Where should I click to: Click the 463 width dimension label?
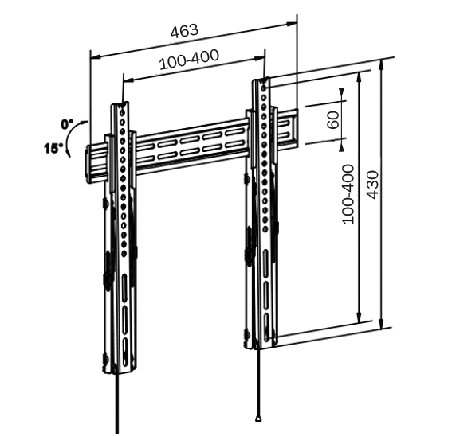point(184,31)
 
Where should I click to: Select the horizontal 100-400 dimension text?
point(189,60)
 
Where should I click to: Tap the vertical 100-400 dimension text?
point(348,194)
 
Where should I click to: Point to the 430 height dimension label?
point(372,185)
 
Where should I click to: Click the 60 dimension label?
point(333,120)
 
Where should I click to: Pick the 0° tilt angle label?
point(67,124)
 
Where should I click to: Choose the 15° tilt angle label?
point(53,149)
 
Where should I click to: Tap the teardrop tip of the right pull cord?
point(258,418)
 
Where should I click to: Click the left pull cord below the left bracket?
point(116,403)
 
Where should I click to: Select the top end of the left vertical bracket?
point(120,104)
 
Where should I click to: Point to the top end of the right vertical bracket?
point(261,80)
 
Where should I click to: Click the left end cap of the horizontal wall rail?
point(88,164)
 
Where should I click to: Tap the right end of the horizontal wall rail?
point(296,127)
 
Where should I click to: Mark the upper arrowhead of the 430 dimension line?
point(381,64)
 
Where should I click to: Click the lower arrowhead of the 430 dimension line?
point(381,324)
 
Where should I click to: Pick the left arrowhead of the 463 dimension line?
point(96,57)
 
